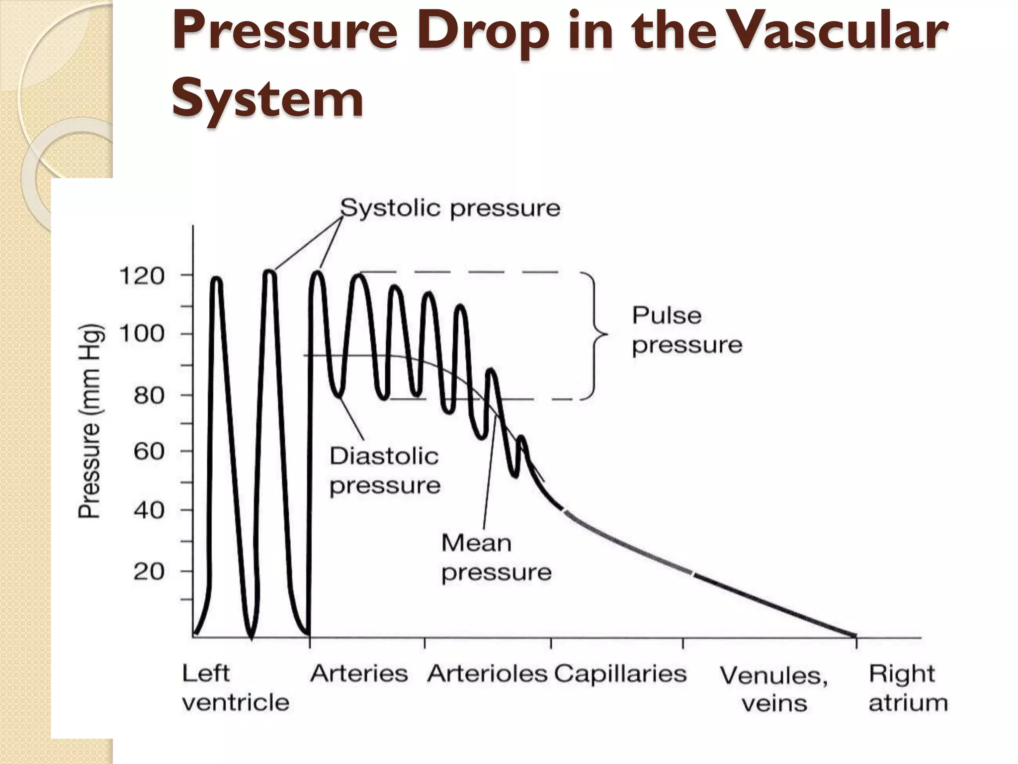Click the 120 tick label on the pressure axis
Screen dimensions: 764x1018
142,276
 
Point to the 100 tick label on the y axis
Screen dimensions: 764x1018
142,334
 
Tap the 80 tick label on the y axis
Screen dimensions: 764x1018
149,396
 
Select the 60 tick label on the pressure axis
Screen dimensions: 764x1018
149,452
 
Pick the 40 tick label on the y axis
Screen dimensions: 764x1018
149,510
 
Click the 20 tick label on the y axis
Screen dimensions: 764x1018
149,572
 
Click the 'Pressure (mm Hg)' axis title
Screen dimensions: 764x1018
91,421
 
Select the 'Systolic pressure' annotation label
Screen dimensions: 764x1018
450,208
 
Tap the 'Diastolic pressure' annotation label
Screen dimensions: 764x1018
385,471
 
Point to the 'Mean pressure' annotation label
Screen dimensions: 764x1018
496,558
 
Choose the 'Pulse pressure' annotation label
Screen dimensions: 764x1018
686,330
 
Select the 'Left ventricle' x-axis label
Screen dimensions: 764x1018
235,688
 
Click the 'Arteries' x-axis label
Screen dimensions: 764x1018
359,674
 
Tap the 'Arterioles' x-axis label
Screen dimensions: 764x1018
487,674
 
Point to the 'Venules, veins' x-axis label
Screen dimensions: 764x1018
774,689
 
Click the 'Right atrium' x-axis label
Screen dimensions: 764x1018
908,688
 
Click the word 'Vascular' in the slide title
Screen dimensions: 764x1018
840,31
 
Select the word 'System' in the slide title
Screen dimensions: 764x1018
267,99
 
